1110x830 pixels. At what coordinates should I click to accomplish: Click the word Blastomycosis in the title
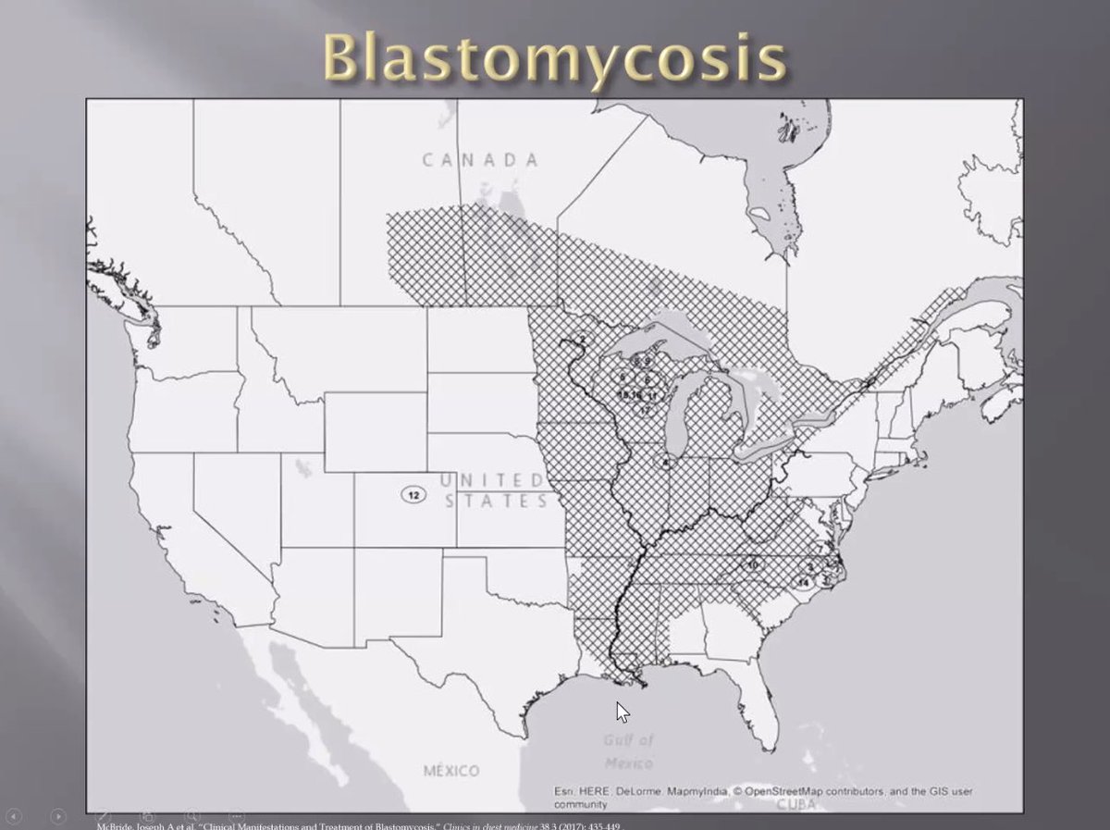pyautogui.click(x=555, y=57)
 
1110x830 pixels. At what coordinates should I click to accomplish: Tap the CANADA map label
pyautogui.click(x=480, y=160)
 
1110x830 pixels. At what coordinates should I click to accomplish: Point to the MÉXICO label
pyautogui.click(x=451, y=771)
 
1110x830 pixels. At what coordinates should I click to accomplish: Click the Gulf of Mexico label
pyautogui.click(x=629, y=751)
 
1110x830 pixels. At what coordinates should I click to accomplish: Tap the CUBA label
pyautogui.click(x=797, y=804)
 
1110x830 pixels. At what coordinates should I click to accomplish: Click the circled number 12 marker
pyautogui.click(x=413, y=495)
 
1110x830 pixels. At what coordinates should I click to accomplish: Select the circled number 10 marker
pyautogui.click(x=753, y=564)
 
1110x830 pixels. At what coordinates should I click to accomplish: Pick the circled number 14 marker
pyautogui.click(x=803, y=582)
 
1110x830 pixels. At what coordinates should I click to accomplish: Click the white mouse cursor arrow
pyautogui.click(x=623, y=712)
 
